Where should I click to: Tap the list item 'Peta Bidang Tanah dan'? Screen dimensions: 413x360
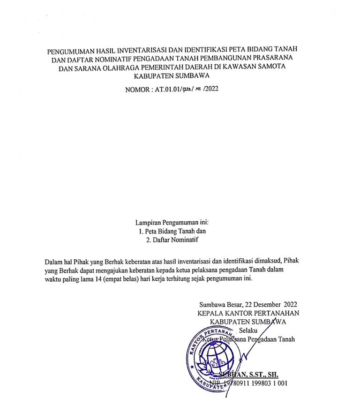pyautogui.click(x=172, y=231)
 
